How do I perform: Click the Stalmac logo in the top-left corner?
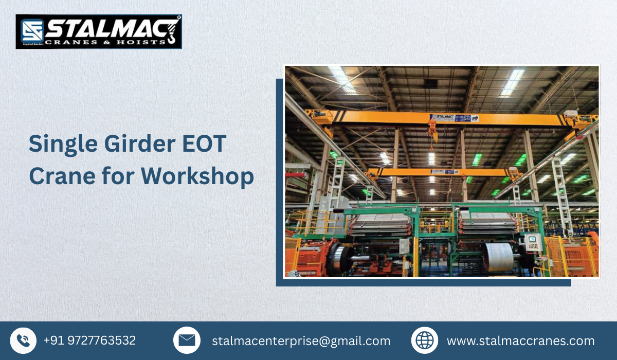click(x=98, y=31)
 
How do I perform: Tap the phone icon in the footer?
click(x=23, y=340)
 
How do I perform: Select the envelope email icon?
click(x=187, y=340)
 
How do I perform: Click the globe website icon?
click(x=425, y=340)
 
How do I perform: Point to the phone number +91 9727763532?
click(x=89, y=340)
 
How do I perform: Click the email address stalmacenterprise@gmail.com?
click(x=301, y=341)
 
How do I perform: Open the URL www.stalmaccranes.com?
click(x=520, y=341)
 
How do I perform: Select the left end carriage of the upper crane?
click(x=319, y=117)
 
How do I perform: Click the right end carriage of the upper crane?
click(x=578, y=119)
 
